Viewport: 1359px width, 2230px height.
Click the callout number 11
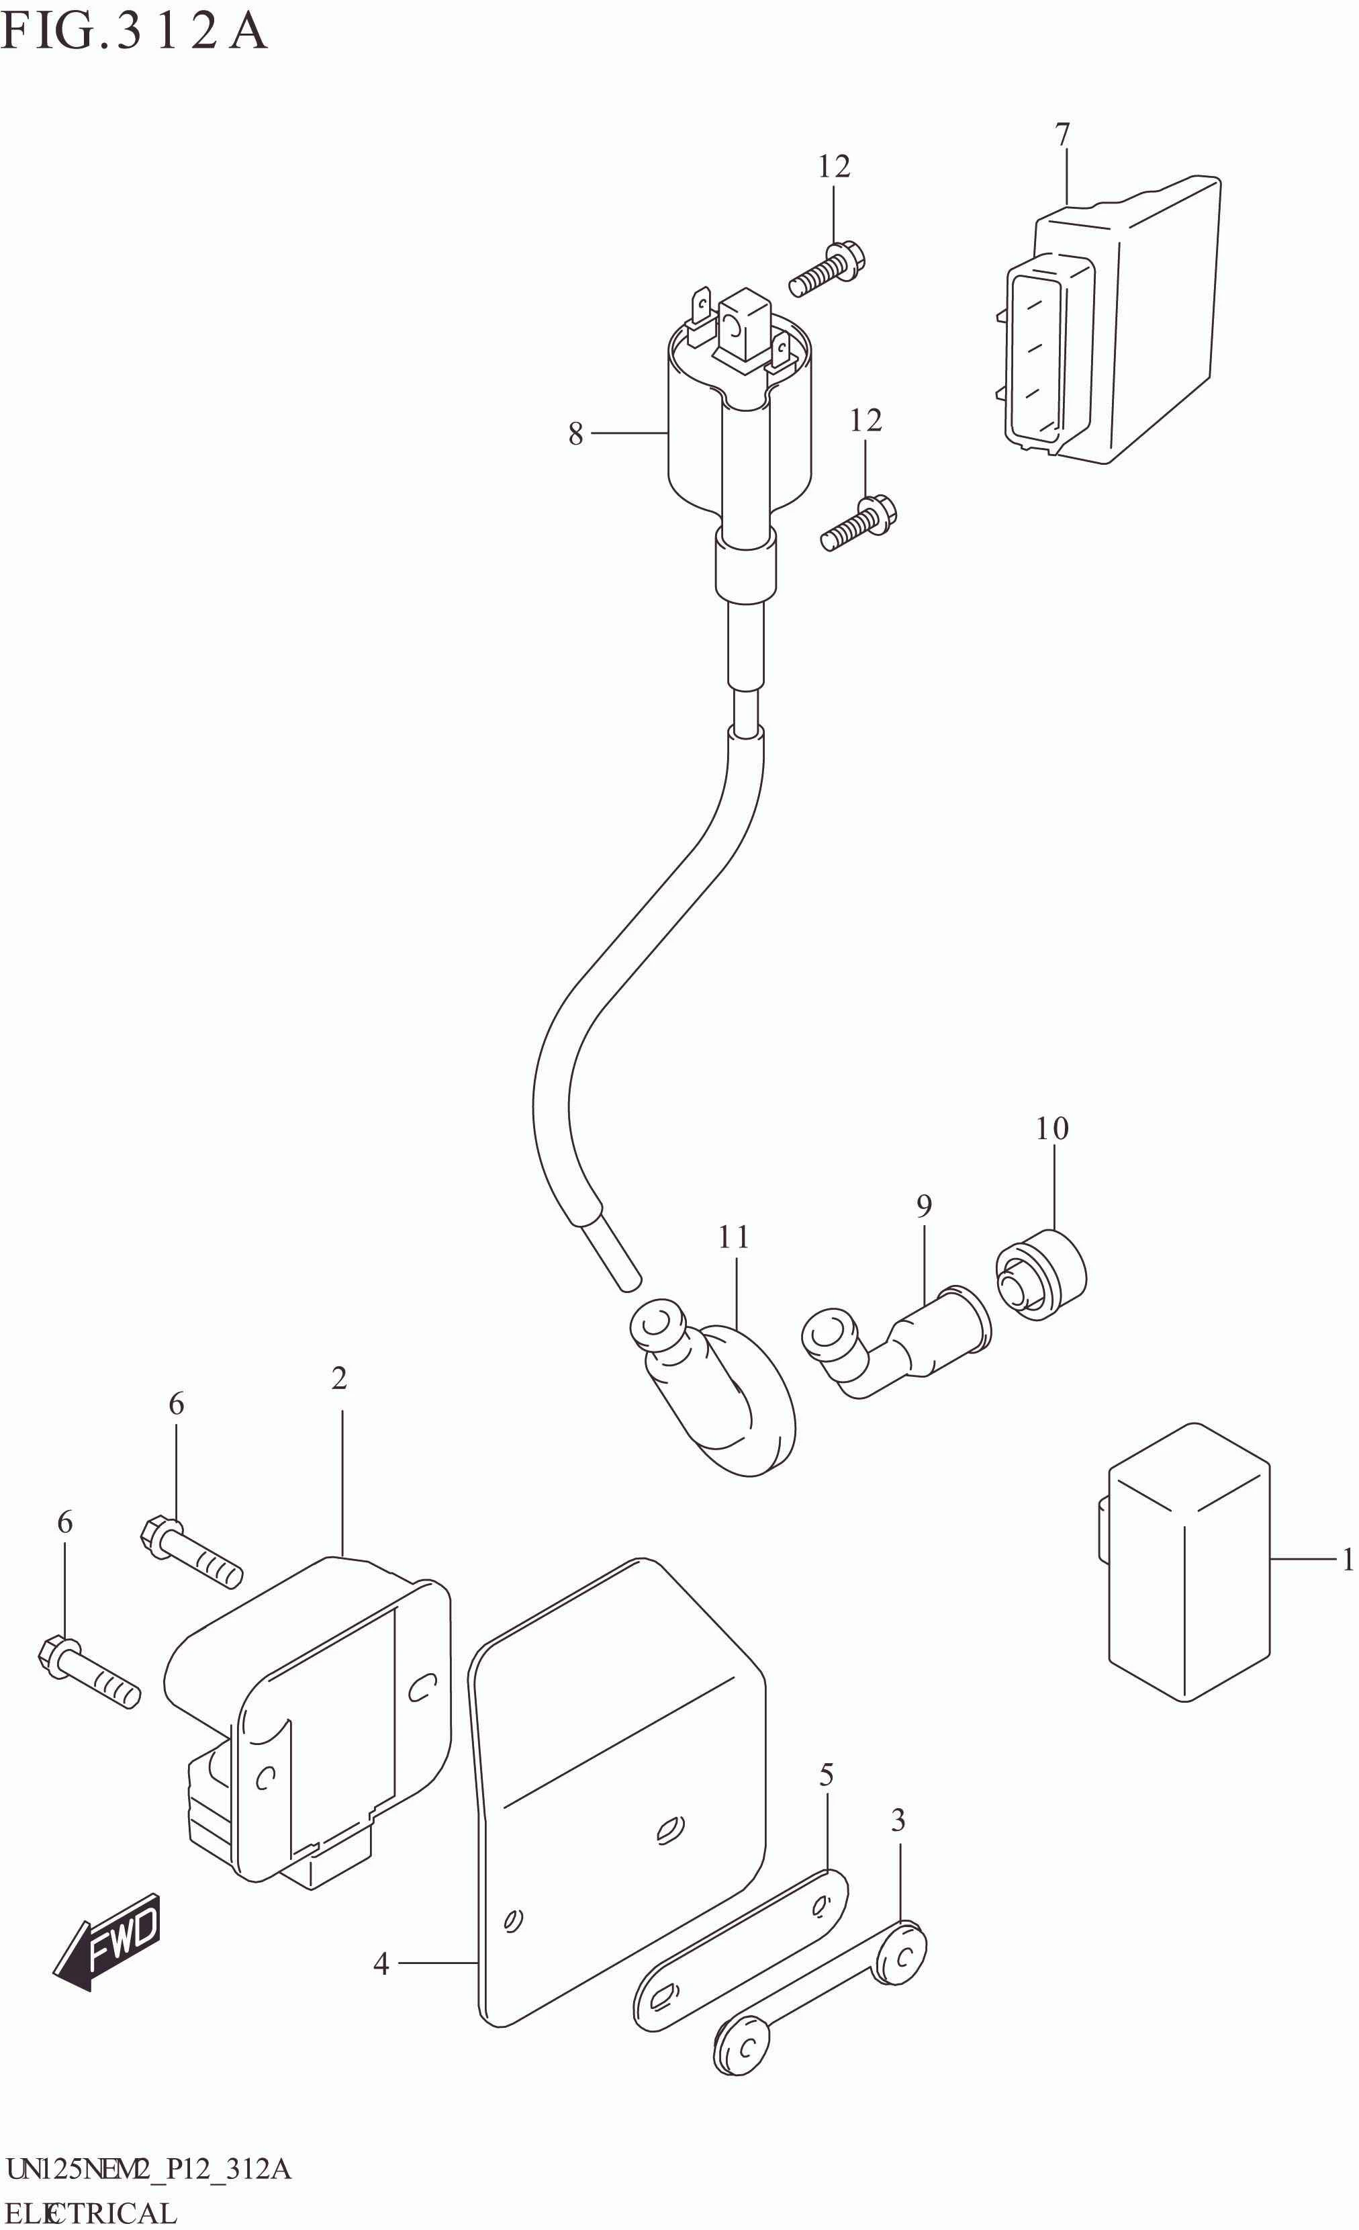734,1237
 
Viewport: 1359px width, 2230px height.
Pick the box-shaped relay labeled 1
1187,1561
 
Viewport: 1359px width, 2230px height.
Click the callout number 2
339,1378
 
